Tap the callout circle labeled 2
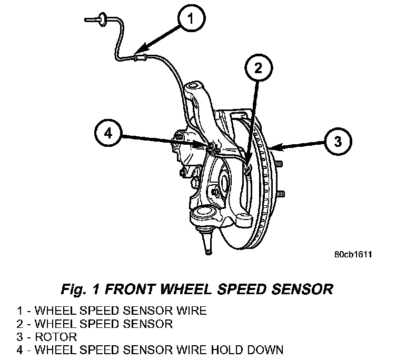[258, 67]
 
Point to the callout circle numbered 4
[108, 133]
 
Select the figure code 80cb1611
[352, 256]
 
